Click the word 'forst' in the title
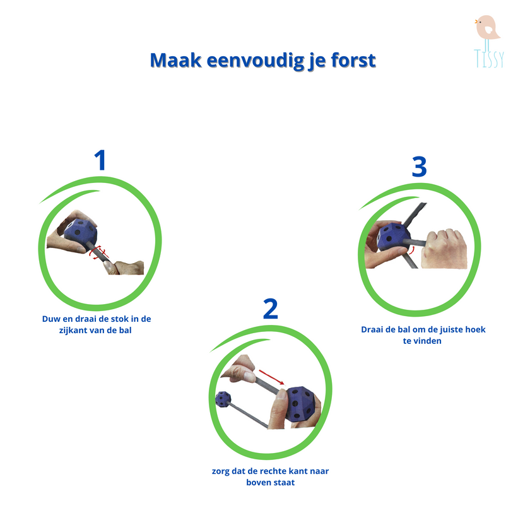click(x=353, y=60)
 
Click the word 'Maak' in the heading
click(x=176, y=60)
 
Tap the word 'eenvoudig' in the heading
click(x=254, y=61)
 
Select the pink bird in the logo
click(x=487, y=27)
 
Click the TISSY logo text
click(x=489, y=58)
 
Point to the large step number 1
click(x=100, y=160)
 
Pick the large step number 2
click(x=271, y=309)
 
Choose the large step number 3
click(x=419, y=167)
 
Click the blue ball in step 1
click(x=80, y=231)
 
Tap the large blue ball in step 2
click(x=300, y=404)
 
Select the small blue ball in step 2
click(x=223, y=399)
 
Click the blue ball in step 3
click(x=394, y=237)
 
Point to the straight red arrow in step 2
click(x=272, y=377)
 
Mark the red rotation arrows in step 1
click(x=98, y=252)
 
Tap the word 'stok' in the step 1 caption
click(x=119, y=319)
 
